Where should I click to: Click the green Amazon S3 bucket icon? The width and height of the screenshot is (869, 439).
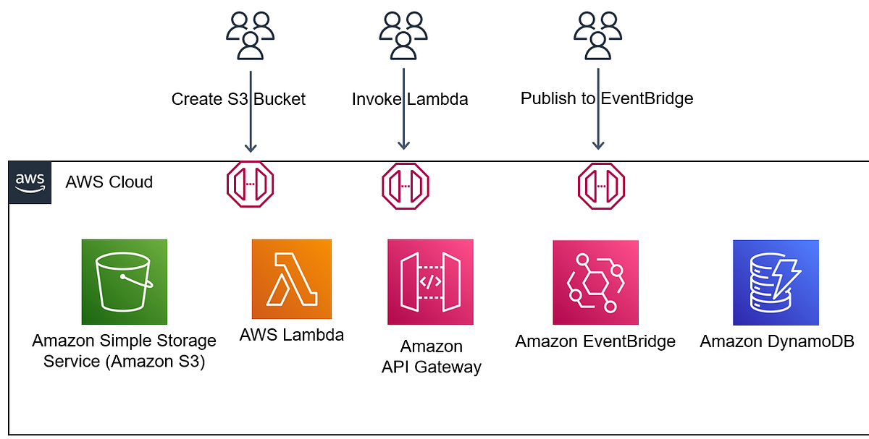coord(125,281)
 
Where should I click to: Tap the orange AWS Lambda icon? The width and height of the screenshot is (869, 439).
coord(292,279)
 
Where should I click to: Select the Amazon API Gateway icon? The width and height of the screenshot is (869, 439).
coord(430,281)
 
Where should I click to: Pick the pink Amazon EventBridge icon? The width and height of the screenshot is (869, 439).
coord(596,283)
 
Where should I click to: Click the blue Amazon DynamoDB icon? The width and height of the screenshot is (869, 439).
coord(776,283)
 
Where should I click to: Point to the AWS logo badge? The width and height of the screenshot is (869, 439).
coord(30,182)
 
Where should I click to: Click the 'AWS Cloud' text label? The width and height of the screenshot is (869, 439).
coord(109,182)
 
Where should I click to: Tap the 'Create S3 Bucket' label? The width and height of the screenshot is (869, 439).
coord(238,99)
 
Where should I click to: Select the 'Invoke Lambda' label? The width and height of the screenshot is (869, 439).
coord(410,99)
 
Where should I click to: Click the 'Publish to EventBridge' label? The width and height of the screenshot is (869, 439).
coord(607,98)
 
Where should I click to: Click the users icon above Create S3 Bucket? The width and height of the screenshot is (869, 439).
coord(251,35)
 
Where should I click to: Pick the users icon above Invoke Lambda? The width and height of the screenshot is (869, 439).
coord(403,35)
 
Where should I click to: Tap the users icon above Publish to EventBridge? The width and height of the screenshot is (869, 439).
coord(598,35)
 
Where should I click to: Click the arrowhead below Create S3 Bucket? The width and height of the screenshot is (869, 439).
coord(251,148)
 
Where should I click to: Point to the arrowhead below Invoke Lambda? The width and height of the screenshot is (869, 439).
coord(403,145)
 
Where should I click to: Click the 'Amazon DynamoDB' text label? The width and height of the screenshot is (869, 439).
coord(776,341)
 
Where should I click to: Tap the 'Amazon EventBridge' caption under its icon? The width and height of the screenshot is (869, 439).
coord(595,341)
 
